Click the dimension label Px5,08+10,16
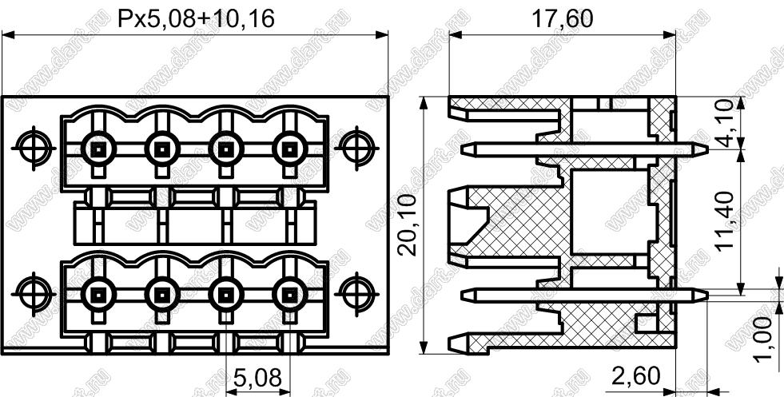pyautogui.click(x=196, y=19)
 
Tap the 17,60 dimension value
pyautogui.click(x=562, y=19)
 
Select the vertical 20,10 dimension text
pyautogui.click(x=408, y=224)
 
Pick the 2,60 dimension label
pyautogui.click(x=635, y=376)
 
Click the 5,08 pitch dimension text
pyautogui.click(x=257, y=379)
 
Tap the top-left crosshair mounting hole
pyautogui.click(x=34, y=148)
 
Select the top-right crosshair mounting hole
pyautogui.click(x=356, y=148)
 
